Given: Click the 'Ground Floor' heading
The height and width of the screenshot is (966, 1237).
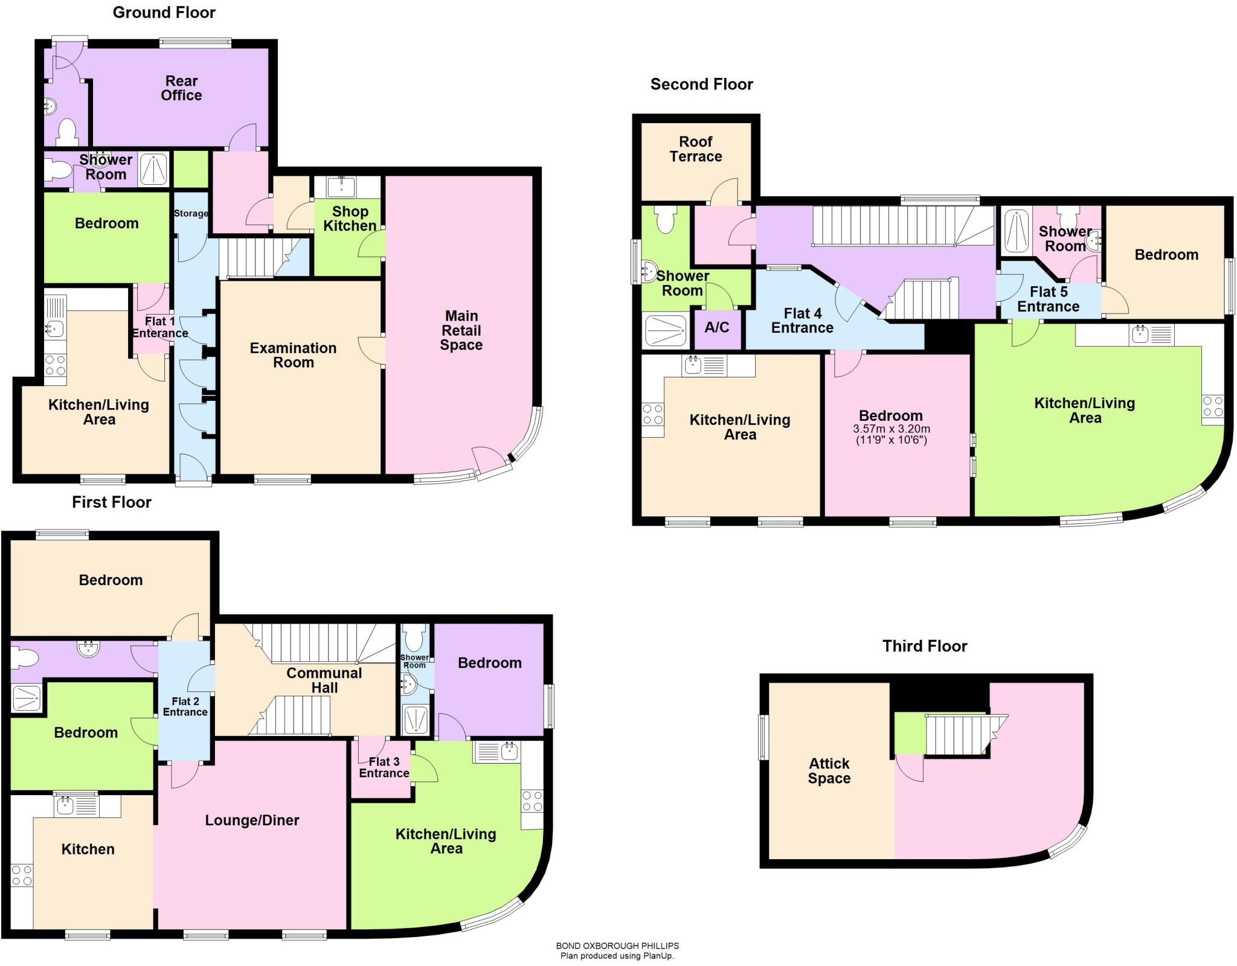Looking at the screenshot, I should tap(164, 13).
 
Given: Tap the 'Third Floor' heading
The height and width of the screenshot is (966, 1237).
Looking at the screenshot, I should tap(924, 646).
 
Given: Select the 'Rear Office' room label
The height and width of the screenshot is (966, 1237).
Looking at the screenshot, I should tap(181, 88).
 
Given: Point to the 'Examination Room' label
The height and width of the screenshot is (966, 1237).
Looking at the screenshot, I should tap(293, 355).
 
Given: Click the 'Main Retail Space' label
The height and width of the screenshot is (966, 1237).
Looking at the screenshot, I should tap(461, 330).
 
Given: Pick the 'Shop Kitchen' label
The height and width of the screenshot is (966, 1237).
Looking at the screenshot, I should tap(350, 219).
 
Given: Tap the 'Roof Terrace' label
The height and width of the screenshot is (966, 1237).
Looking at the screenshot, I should tap(696, 149).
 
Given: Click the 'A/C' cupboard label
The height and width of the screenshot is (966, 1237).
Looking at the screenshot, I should tap(717, 327).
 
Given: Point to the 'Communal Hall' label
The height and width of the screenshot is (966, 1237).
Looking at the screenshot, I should tap(324, 680).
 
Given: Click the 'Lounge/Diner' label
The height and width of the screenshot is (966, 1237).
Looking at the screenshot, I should tap(252, 820).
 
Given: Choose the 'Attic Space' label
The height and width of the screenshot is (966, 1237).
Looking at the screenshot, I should tap(829, 771).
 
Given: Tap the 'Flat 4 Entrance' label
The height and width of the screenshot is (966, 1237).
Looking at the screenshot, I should tap(802, 321).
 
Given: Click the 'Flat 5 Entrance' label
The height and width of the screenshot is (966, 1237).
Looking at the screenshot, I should tap(1048, 299).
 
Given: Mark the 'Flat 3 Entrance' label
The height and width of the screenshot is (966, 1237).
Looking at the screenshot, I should tap(384, 767).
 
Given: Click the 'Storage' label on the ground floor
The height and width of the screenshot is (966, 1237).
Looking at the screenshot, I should tap(191, 213).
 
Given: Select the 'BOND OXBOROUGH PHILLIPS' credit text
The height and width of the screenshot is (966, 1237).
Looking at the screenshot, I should tap(617, 946).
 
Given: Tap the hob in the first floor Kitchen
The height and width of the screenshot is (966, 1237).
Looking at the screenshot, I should tap(22, 876).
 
